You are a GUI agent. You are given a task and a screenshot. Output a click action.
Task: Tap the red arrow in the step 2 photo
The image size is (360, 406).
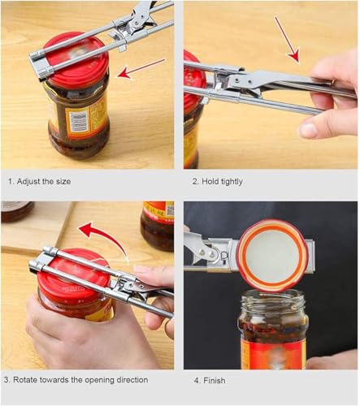pyautogui.click(x=286, y=41)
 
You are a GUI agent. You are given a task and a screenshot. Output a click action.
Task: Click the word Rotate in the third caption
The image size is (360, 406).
pyautogui.click(x=33, y=379)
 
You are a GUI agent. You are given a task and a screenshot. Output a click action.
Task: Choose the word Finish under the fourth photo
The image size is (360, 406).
pyautogui.click(x=215, y=379)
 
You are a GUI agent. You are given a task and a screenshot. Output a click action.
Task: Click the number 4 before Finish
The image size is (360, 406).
pyautogui.click(x=195, y=379)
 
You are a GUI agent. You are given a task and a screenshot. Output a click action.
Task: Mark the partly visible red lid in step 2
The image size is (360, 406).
pyautogui.click(x=192, y=81)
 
